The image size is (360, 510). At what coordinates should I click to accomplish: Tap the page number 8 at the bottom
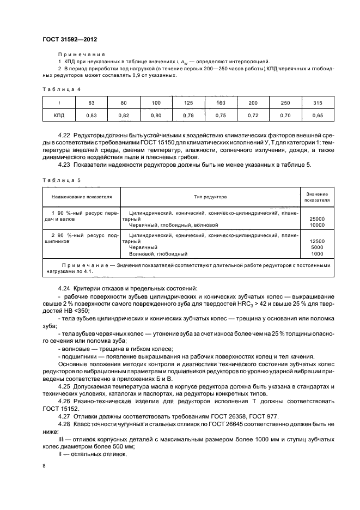pyautogui.click(x=44, y=466)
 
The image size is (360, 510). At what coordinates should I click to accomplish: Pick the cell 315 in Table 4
pyautogui.click(x=318, y=102)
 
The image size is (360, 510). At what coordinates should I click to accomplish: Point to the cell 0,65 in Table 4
pyautogui.click(x=318, y=116)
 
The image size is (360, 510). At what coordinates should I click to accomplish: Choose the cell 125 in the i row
pyautogui.click(x=189, y=102)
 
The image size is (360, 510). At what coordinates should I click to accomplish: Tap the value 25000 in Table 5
pyautogui.click(x=316, y=218)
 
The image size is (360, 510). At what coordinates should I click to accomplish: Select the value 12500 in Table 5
pyautogui.click(x=316, y=241)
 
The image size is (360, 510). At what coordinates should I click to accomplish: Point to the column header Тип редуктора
pyautogui.click(x=210, y=196)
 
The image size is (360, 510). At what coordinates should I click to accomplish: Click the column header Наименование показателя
pyautogui.click(x=82, y=196)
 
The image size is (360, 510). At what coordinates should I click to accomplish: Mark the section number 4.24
pyautogui.click(x=64, y=287)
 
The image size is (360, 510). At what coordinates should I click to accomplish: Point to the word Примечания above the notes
pyautogui.click(x=81, y=55)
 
